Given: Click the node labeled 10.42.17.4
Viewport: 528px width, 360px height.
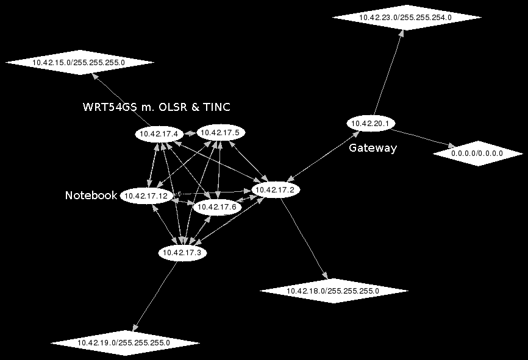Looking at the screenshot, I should tap(159, 133).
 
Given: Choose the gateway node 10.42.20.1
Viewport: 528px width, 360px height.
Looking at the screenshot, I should tap(371, 123).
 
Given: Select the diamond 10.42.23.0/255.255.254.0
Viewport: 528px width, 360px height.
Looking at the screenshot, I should tap(406, 18).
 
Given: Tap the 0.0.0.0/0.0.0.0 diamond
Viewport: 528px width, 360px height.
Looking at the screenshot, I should tap(477, 154).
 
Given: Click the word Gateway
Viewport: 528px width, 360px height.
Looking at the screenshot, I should tap(373, 148).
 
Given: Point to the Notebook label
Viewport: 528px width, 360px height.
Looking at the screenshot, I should tap(91, 196).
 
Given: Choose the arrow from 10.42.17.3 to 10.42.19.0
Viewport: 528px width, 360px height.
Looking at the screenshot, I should tap(155, 298).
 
